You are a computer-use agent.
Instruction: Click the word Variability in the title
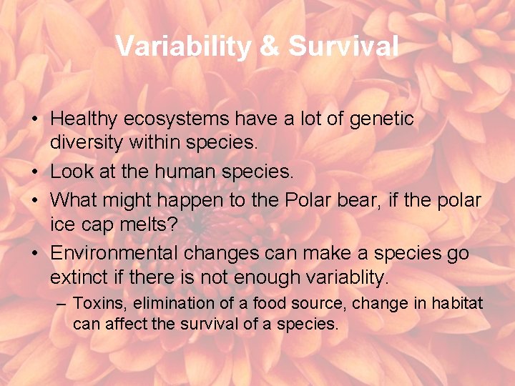182,46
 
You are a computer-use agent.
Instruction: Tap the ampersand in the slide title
268,46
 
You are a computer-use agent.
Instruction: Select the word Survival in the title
343,46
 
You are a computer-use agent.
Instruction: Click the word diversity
87,142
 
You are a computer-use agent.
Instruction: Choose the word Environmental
114,253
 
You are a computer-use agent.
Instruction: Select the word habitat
458,304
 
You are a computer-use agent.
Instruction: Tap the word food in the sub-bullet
279,304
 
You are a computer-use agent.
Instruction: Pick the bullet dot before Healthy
36,119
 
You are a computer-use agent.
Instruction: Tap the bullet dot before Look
36,172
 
